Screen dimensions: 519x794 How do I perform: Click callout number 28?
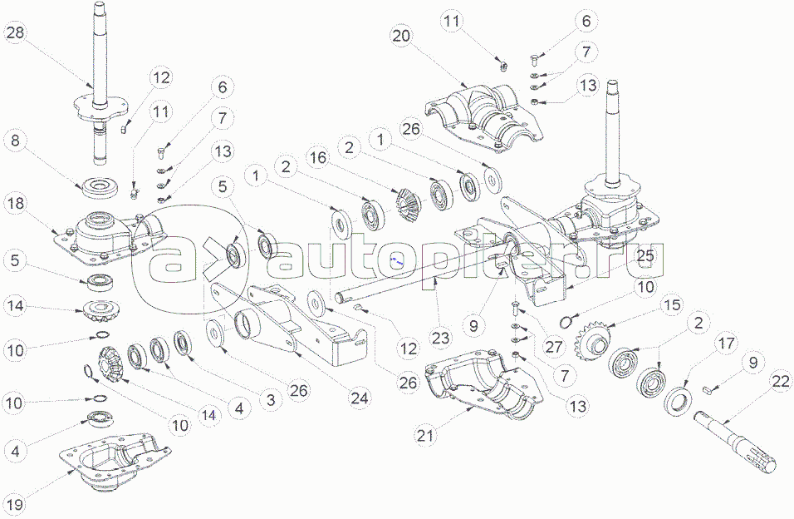[17, 33]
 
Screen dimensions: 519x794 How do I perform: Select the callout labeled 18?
[17, 203]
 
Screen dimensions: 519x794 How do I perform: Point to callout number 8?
[17, 141]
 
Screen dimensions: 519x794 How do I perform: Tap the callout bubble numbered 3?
[268, 398]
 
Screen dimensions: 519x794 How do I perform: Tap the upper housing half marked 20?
[482, 116]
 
